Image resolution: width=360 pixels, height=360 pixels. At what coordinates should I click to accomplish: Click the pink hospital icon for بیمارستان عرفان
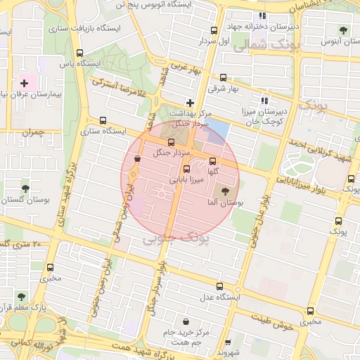click(25, 83)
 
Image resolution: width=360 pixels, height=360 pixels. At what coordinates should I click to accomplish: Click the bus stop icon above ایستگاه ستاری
click(104, 120)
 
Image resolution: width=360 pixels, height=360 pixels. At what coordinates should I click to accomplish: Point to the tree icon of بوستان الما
click(225, 191)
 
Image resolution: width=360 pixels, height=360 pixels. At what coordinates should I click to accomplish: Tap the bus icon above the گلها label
click(213, 161)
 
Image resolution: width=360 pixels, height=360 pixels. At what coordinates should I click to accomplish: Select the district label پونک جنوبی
click(176, 239)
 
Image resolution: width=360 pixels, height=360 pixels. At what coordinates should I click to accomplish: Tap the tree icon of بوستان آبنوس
click(343, 30)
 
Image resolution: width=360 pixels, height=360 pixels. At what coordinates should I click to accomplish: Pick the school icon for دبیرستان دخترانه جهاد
click(262, 15)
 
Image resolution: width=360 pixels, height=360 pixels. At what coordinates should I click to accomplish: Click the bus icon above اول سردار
click(214, 30)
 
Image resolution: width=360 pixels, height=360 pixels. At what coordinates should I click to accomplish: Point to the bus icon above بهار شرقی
click(224, 78)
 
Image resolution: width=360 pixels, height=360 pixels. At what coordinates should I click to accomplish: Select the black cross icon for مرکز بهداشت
click(189, 103)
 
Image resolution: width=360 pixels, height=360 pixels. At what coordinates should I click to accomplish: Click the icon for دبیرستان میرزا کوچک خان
click(265, 101)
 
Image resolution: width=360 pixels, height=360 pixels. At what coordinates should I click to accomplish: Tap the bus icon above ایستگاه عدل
click(220, 286)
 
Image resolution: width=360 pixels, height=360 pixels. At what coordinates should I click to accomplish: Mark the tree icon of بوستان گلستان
click(25, 188)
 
